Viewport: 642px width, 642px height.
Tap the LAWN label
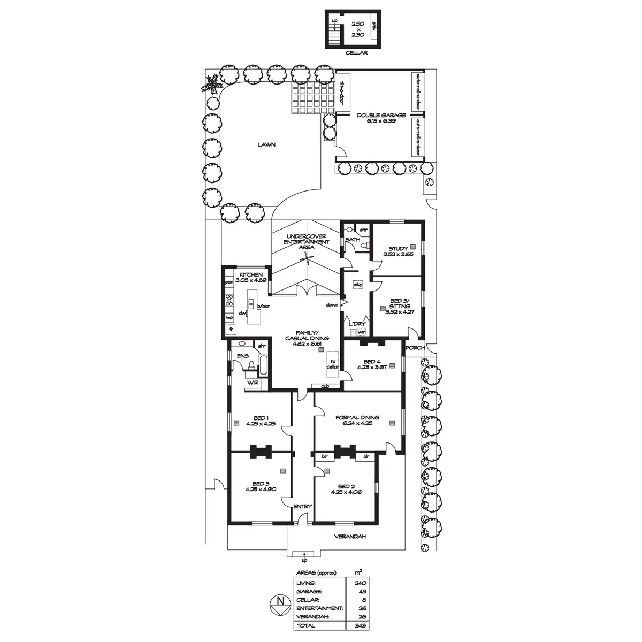[266, 144]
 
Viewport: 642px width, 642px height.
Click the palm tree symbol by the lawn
[213, 84]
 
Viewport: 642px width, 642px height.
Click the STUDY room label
[398, 248]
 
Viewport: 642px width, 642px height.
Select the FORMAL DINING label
[357, 417]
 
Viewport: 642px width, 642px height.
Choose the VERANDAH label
[350, 537]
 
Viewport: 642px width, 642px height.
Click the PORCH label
[415, 348]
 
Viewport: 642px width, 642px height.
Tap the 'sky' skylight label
[358, 285]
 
